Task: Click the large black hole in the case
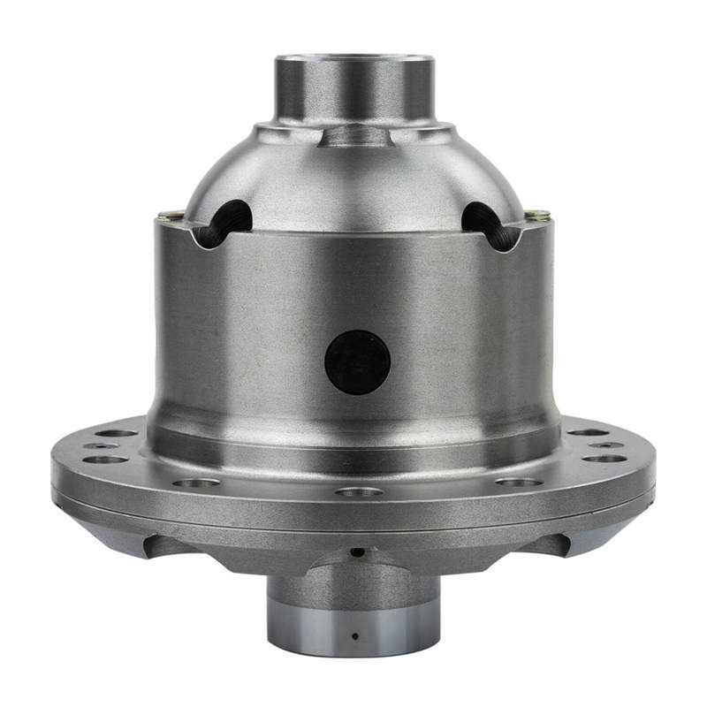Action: point(357,362)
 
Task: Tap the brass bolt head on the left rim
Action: point(171,214)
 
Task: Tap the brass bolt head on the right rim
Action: point(536,214)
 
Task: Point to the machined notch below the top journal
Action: point(353,135)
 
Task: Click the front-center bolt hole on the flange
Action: point(359,491)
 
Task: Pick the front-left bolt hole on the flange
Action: point(195,483)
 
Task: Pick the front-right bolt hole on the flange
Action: point(517,482)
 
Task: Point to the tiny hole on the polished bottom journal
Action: point(353,635)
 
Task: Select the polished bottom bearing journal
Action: point(353,623)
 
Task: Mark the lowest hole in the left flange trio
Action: point(108,460)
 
